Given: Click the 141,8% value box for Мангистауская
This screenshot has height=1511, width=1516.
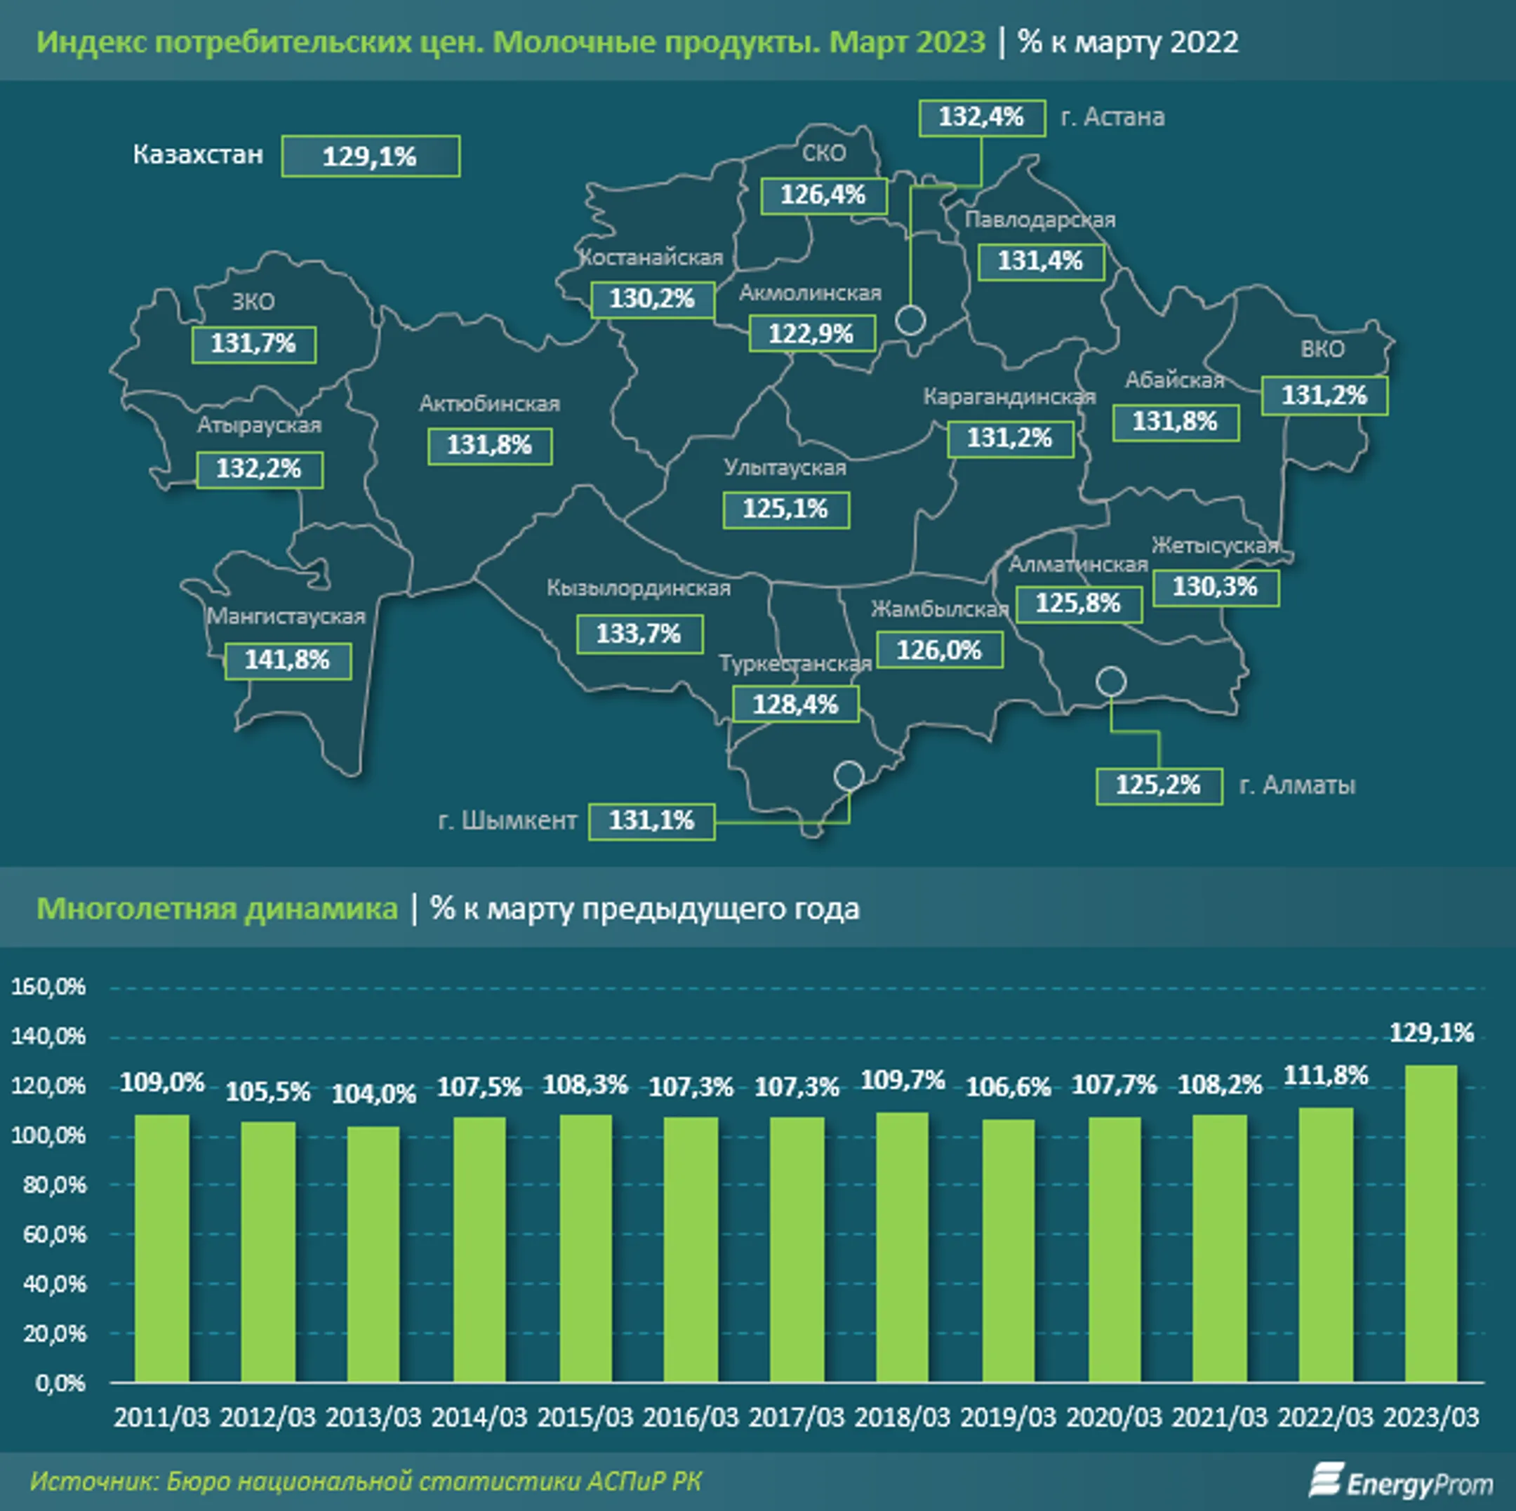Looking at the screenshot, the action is click(x=288, y=660).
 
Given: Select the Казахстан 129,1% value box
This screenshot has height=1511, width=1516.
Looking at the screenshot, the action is click(x=371, y=156).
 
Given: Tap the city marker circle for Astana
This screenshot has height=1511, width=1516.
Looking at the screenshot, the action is click(x=910, y=320).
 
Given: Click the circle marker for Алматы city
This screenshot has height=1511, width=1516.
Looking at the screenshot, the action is click(x=1111, y=681).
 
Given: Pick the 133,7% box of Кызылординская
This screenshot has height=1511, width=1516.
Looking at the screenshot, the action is click(x=639, y=634).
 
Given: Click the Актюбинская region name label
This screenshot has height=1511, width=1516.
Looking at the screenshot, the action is click(x=490, y=404).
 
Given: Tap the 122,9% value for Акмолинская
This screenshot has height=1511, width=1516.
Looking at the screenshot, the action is click(x=811, y=333).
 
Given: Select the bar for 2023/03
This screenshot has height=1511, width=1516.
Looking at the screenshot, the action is click(x=1431, y=1223).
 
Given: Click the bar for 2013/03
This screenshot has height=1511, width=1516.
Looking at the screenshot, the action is click(x=373, y=1253).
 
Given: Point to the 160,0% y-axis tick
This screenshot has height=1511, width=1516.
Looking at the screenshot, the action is click(x=48, y=987).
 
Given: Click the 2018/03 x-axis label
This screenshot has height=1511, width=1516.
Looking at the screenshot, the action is click(x=903, y=1417).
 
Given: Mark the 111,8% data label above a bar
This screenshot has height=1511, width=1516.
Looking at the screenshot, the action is click(x=1325, y=1074).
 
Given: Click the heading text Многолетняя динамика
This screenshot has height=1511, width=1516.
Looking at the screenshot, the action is click(x=218, y=908).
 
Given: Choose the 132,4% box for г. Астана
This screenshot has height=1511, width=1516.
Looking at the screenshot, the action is click(x=982, y=118).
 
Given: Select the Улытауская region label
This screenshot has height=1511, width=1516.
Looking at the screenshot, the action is click(x=785, y=467).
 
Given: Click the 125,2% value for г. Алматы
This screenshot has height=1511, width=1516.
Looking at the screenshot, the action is click(x=1159, y=785).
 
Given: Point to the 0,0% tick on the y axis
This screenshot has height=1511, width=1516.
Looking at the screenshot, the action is click(x=60, y=1383).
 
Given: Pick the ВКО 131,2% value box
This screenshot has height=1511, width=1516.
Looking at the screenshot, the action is click(x=1324, y=395).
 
